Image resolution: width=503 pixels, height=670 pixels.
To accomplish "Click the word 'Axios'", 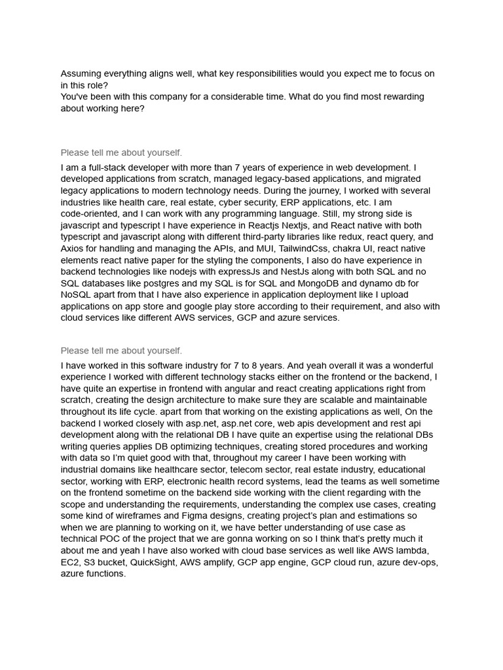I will (x=73, y=249).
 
